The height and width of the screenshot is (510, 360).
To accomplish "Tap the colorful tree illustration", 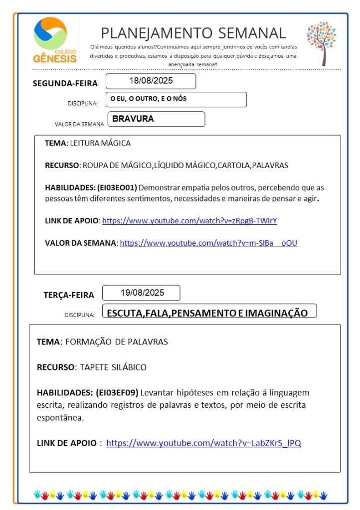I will (321, 42).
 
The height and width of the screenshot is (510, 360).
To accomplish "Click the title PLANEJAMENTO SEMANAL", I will (193, 33).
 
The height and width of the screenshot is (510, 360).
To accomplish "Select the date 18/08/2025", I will (151, 81).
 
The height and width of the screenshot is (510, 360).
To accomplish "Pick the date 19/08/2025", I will (142, 293).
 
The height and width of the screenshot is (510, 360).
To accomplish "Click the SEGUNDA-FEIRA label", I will (65, 83).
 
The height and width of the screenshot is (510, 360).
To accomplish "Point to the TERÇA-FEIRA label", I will (68, 295).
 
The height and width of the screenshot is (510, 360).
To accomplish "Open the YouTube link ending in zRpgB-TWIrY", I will (193, 220).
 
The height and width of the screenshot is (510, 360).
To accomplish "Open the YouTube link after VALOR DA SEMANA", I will (208, 243).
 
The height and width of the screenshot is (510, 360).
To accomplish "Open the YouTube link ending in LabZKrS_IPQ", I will (203, 443).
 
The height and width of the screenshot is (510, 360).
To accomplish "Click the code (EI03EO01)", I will (117, 188).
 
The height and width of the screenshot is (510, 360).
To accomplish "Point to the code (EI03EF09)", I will (117, 392).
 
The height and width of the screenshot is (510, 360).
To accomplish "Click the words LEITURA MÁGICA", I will (100, 143).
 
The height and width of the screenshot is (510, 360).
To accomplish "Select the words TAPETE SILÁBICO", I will (111, 367).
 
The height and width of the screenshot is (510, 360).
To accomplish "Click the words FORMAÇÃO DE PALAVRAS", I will (117, 342).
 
